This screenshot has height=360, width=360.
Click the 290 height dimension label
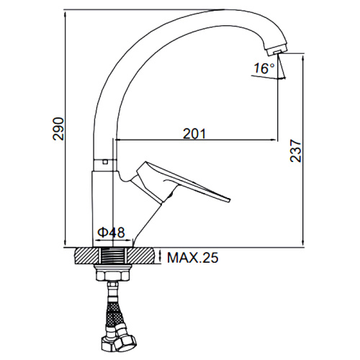59,129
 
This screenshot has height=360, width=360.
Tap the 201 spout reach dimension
194,134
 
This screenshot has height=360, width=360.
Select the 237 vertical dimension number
295,150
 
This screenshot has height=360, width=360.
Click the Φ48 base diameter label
112,233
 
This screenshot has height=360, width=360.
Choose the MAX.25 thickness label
193,258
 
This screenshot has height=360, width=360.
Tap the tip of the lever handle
228,200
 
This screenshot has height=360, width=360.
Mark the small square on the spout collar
104,162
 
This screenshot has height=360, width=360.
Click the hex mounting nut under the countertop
112,274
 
